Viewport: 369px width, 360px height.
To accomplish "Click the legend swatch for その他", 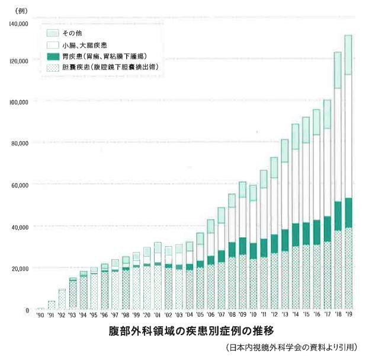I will click(x=52, y=33).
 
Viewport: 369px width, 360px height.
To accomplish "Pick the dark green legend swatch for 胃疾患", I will click(x=52, y=56).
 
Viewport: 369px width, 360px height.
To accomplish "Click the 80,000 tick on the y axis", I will click(x=20, y=143).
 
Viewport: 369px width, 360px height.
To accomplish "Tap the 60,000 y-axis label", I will click(x=20, y=185).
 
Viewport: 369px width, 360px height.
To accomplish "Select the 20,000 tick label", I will click(x=20, y=269).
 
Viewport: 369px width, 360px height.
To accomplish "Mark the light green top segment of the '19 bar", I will click(x=348, y=55).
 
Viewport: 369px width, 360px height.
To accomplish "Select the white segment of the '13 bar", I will click(x=284, y=196).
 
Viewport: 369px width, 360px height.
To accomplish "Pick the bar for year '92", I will click(x=62, y=300).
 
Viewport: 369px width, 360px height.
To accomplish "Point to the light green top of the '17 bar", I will click(x=327, y=114).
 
